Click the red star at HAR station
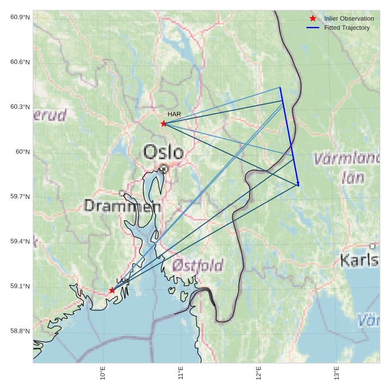coord(164,123)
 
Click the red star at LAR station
coord(112,290)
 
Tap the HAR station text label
coord(174,115)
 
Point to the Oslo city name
coord(164,152)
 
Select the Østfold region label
coord(198,265)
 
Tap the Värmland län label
coord(347,167)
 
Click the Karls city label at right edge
coord(359,260)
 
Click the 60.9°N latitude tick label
coord(20,17)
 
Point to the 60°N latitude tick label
coord(23,152)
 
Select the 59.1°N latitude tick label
coord(20,286)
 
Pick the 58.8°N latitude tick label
coord(20,331)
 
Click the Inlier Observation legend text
coord(349,18)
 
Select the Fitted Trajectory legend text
coord(346,27)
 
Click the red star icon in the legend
coord(313,18)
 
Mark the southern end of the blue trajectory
coord(298,185)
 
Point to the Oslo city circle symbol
coord(164,168)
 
